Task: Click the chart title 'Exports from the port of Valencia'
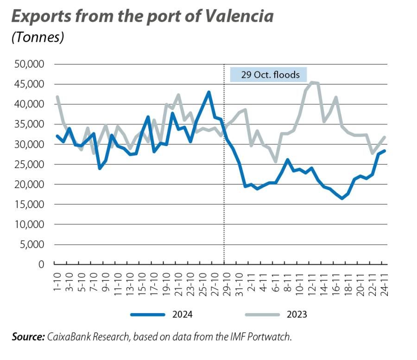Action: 142,16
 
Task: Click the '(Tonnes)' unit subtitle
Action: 38,37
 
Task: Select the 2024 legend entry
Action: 162,315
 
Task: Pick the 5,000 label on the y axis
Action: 32,245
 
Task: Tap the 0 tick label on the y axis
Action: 41,265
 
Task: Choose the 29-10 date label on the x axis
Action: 224,281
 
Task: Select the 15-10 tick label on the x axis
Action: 140,281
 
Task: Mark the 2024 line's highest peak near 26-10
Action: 209,92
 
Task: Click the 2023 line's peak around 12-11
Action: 311,82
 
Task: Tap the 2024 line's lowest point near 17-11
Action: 342,198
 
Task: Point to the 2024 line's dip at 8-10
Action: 100,168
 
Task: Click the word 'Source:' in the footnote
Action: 28,337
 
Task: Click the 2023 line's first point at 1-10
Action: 57,97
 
